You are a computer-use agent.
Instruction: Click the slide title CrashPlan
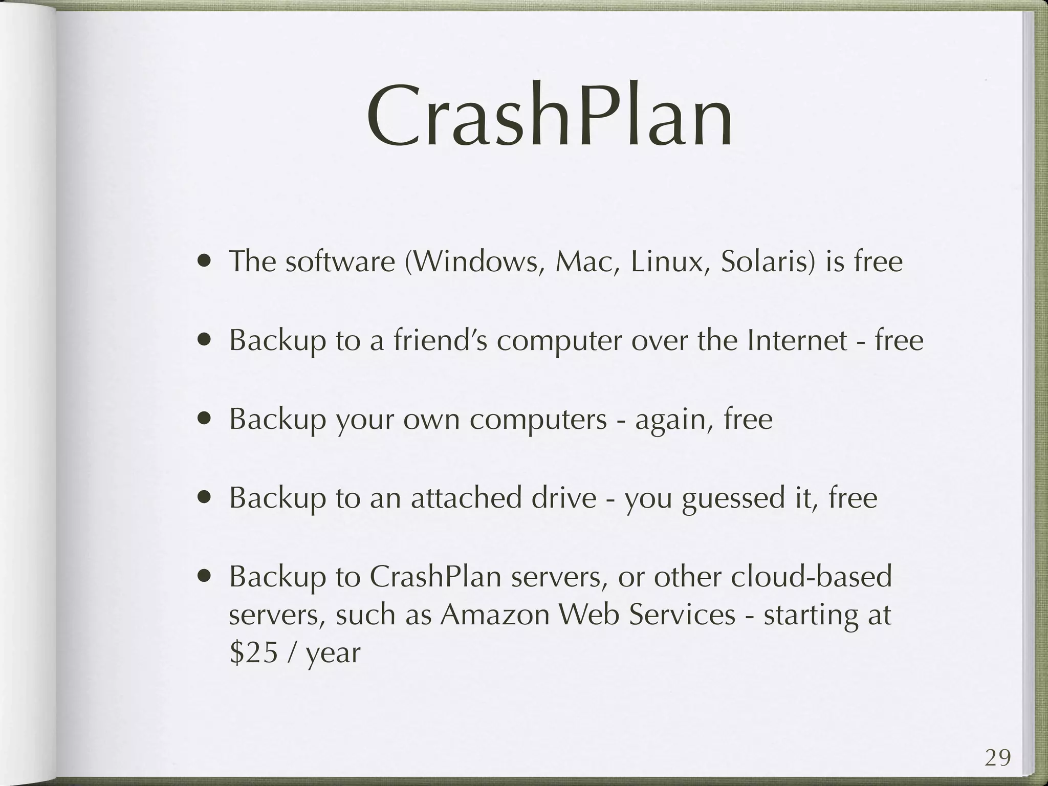point(550,119)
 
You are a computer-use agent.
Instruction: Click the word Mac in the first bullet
point(587,262)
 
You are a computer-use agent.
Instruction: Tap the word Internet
point(797,340)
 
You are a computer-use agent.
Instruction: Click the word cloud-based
point(811,576)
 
